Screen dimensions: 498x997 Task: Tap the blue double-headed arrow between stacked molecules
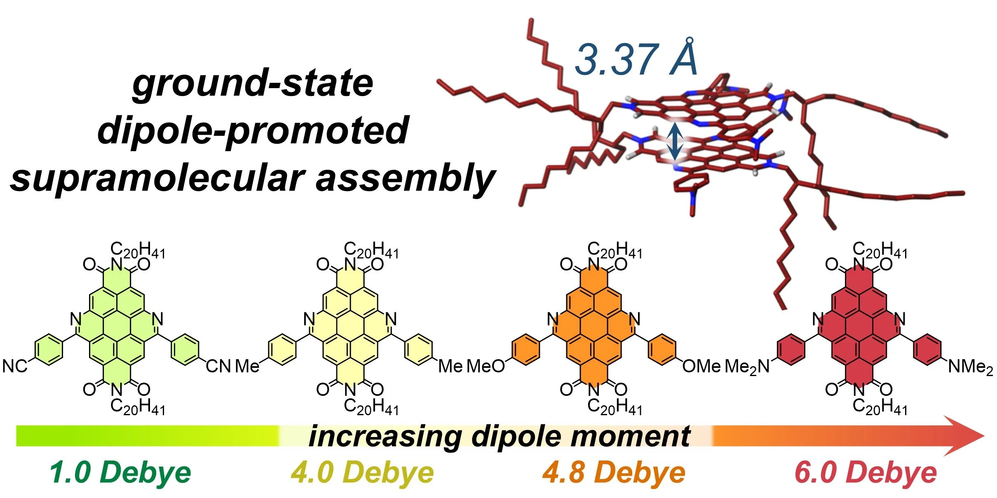[674, 141]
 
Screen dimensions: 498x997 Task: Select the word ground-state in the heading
[253, 84]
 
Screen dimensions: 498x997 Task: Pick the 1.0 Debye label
[120, 472]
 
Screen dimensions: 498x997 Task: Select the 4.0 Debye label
[362, 472]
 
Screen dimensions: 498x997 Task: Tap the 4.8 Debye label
[614, 472]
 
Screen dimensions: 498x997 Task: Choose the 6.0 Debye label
[866, 472]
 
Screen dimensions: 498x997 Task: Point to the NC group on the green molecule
[15, 366]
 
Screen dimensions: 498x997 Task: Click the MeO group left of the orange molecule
[486, 366]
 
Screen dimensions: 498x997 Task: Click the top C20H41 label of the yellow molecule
[371, 250]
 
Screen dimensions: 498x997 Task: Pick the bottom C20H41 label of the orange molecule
[615, 407]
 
